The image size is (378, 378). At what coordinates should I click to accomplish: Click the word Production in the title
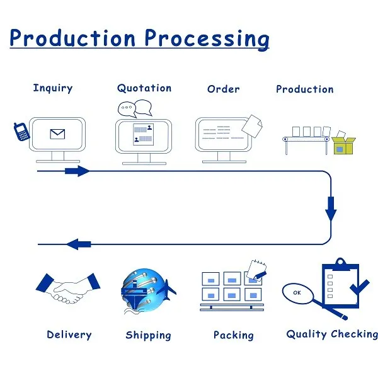tap(72, 38)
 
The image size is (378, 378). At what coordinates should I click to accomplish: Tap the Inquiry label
tap(52, 89)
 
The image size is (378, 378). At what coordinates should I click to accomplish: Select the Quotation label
tap(144, 89)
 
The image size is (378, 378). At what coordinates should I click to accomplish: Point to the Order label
tap(223, 89)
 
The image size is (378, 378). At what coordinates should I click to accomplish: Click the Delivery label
tap(69, 335)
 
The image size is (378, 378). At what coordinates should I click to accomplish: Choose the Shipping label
tap(148, 335)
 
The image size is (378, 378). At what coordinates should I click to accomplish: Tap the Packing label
tap(233, 335)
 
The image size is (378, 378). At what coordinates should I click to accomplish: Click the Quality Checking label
tap(332, 334)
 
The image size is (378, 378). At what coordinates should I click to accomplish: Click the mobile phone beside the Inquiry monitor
tap(21, 132)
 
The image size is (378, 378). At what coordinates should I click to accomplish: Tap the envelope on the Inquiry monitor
tap(58, 134)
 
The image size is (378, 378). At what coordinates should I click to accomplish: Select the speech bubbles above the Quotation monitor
tap(135, 108)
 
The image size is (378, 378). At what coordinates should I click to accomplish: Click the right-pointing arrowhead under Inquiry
tap(80, 171)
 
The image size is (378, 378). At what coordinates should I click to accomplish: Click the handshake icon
tap(67, 289)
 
